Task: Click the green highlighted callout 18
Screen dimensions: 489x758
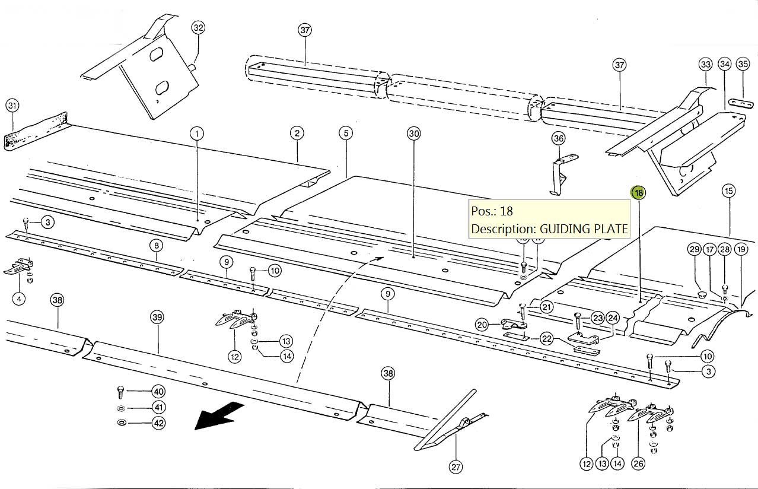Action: coord(638,193)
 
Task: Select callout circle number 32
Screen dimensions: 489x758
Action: coord(198,28)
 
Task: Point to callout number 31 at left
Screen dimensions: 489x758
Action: coord(12,106)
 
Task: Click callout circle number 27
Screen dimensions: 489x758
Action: coord(455,467)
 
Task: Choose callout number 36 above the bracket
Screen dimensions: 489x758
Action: coord(558,138)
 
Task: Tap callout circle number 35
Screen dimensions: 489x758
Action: coord(743,63)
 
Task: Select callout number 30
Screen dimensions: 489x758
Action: coord(413,134)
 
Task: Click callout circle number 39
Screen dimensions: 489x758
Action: coord(157,317)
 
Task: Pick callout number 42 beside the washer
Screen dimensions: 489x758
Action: coord(158,423)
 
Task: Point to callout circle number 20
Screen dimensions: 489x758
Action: coord(482,325)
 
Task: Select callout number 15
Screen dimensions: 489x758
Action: coord(728,190)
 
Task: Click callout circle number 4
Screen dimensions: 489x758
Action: coord(19,299)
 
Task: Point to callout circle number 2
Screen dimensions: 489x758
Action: coord(297,132)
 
